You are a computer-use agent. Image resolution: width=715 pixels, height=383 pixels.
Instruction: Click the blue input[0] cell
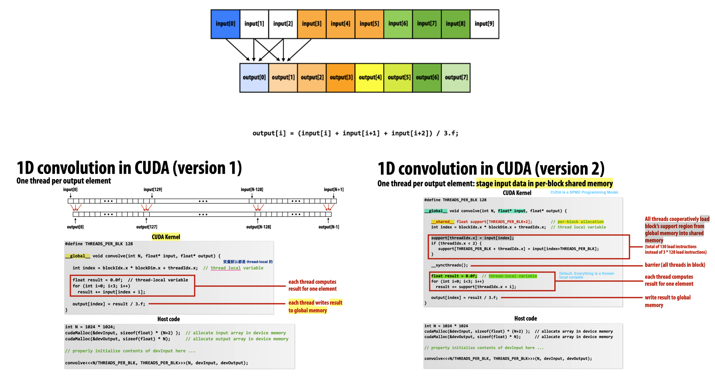tap(225, 24)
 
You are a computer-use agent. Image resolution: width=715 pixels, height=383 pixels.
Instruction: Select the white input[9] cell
tap(484, 24)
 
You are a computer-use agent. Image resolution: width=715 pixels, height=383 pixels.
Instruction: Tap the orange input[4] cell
tap(340, 24)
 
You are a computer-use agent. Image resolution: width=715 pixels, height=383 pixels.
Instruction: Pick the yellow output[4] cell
tap(370, 77)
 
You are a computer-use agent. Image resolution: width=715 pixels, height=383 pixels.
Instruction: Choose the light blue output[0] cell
tap(254, 77)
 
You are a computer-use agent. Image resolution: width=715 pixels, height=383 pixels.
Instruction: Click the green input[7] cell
tap(426, 24)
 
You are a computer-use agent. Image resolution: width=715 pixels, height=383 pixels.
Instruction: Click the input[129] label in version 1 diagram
tap(153, 189)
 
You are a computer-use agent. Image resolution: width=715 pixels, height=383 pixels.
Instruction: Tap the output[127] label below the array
tap(147, 227)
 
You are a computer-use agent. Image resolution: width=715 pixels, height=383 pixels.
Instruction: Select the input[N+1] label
tap(334, 189)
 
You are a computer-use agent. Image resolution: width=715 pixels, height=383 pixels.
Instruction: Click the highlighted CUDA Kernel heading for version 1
tap(166, 237)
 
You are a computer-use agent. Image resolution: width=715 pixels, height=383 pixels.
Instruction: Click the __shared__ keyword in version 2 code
tap(443, 222)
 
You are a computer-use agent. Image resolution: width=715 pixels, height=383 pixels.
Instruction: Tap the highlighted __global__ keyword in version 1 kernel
tap(78, 256)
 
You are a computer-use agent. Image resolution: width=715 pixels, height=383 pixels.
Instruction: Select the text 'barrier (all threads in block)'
tap(675, 265)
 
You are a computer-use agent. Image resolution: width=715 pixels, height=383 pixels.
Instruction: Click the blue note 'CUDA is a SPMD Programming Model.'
tap(584, 192)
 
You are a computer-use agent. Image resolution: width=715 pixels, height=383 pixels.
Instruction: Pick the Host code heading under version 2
tap(525, 318)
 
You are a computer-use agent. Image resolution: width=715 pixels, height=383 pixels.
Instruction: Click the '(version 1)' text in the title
tap(207, 168)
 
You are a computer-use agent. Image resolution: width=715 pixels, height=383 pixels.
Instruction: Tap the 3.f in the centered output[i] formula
tap(451, 133)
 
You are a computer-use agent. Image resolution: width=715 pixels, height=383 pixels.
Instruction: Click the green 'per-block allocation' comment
tap(581, 222)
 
